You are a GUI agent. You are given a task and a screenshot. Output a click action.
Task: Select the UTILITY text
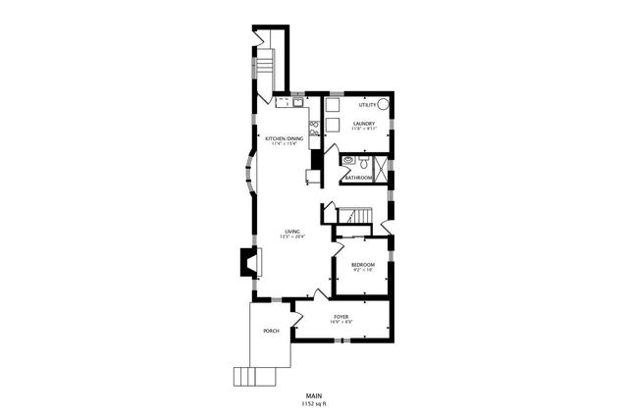coord(367,104)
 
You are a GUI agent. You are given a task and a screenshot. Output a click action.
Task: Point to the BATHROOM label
coord(357,178)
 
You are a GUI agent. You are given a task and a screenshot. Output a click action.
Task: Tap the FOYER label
coord(341,316)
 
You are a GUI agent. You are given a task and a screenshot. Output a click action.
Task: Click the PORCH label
coord(271,331)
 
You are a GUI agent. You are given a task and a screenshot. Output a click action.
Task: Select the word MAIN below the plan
coord(314,394)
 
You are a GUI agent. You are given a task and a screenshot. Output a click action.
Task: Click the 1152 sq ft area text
coord(314,403)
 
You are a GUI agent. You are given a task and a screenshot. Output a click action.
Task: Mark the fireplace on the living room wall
coord(249,261)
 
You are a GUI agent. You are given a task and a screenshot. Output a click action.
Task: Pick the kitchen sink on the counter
coord(294,101)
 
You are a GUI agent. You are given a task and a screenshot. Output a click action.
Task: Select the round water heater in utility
coord(384,103)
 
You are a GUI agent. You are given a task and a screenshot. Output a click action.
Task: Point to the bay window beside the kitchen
coord(249,178)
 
